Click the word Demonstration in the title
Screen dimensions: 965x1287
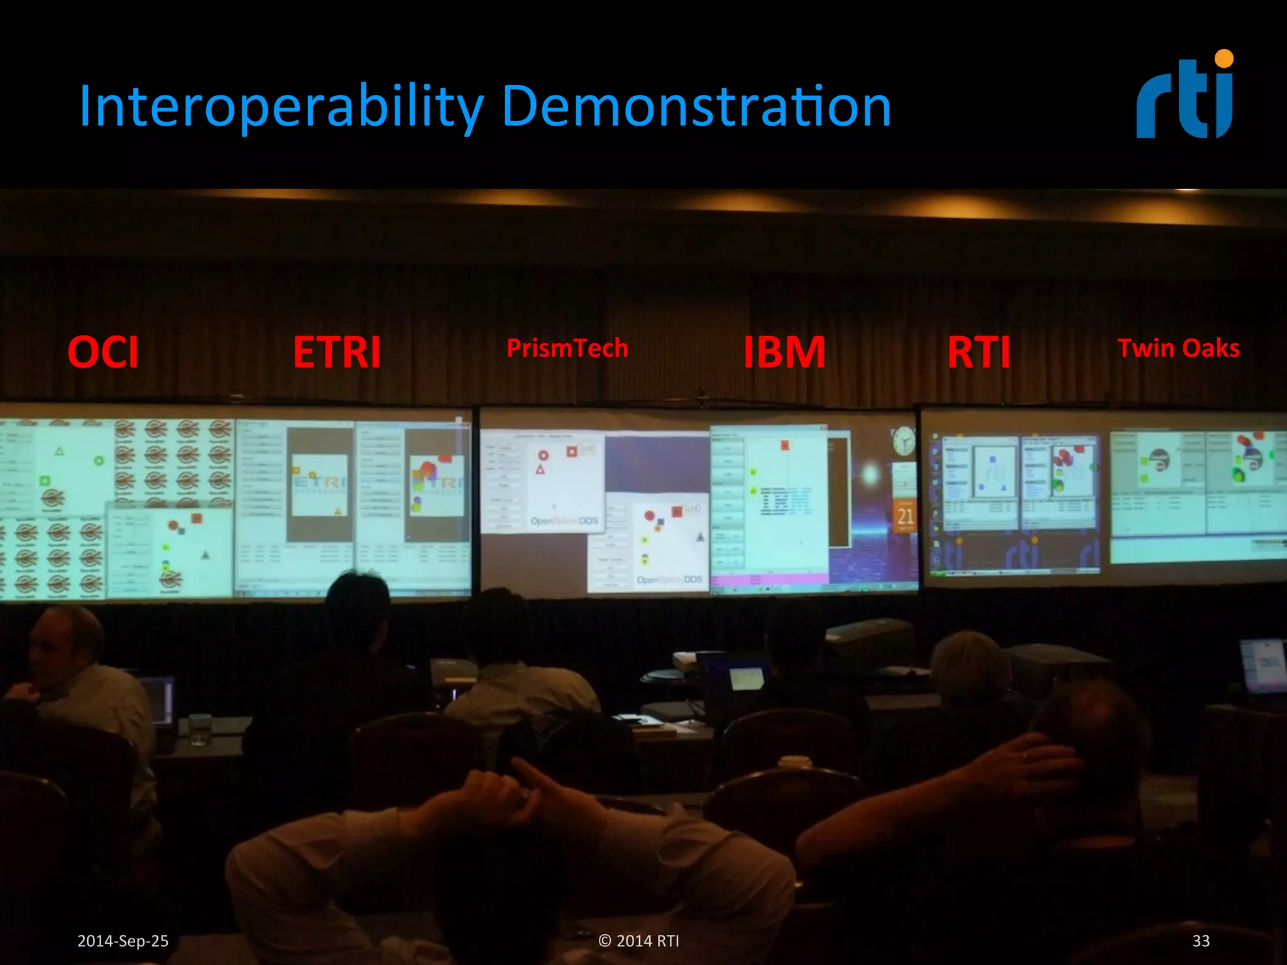(x=696, y=107)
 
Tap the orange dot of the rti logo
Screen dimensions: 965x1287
(x=1224, y=58)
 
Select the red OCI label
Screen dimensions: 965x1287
(x=103, y=352)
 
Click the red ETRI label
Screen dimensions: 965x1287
(x=337, y=352)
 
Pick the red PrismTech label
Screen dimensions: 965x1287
(x=567, y=348)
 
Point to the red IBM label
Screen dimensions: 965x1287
(x=784, y=352)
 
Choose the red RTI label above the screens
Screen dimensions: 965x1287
(x=978, y=352)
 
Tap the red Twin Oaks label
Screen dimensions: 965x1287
(x=1178, y=348)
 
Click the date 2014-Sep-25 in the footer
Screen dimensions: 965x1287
(x=123, y=940)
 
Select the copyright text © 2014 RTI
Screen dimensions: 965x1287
(x=638, y=940)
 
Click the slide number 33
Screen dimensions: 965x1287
(x=1201, y=940)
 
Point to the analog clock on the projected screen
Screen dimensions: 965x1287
(x=903, y=440)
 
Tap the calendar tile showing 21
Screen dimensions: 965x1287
(x=905, y=516)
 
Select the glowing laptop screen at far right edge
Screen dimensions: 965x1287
(x=1263, y=665)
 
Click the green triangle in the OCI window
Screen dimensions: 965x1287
(x=59, y=451)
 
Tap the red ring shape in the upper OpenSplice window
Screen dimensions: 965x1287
(x=544, y=455)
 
